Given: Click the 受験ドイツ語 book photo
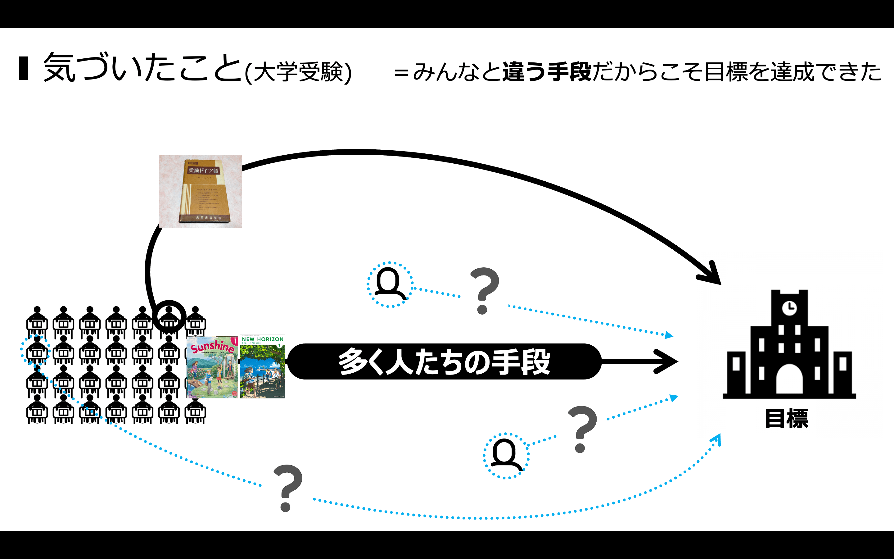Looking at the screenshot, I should coord(200,191).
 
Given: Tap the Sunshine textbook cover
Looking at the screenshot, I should coord(212,367).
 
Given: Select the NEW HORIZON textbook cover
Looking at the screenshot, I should coord(262,366).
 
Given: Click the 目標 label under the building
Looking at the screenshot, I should coord(787,419).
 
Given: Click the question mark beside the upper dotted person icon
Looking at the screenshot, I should coord(484,291).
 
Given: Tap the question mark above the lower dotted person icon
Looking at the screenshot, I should coord(582,429).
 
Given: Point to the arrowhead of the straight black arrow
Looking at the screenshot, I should coord(668,361).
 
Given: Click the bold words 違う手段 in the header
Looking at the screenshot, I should coord(547,71).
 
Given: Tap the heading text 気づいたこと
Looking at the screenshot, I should coord(142,68).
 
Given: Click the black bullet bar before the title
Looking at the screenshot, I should coord(24,68).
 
